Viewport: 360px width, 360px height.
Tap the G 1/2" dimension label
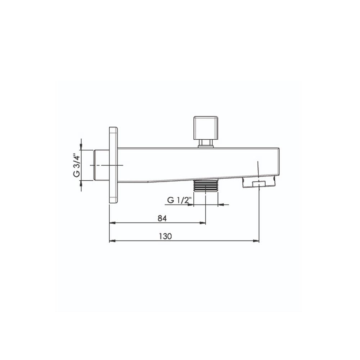tap(179, 200)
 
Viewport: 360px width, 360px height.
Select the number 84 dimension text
tap(162, 219)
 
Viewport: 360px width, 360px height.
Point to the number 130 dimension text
tap(165, 236)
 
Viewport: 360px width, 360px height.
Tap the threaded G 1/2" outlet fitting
tap(206, 185)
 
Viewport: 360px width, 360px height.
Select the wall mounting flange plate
tap(113, 165)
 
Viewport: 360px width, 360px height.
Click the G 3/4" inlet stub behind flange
tap(101, 165)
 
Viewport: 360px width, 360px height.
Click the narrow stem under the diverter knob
tap(206, 144)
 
